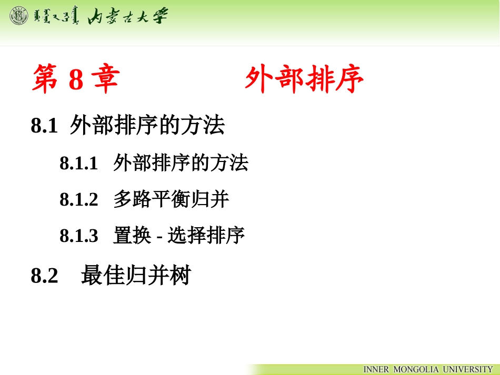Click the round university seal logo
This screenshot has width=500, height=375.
19,16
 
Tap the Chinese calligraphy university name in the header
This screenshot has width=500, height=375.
128,16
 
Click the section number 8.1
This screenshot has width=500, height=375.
44,127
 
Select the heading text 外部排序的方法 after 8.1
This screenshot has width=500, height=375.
147,126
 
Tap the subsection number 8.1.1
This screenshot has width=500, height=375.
79,164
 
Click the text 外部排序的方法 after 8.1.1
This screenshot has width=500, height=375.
181,163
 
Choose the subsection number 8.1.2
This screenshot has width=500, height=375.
79,200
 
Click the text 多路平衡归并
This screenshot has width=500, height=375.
171,199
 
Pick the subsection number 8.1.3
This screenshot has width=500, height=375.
79,236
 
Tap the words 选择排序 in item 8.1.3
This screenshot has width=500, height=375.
206,236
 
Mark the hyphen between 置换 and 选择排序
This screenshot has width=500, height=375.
159,237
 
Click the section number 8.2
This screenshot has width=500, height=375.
45,276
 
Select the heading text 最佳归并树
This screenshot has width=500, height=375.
135,276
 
